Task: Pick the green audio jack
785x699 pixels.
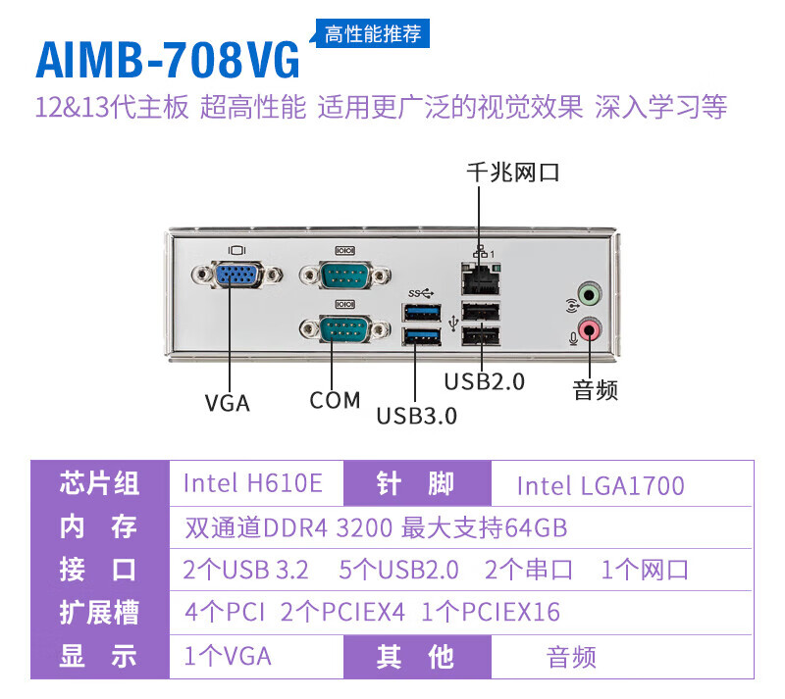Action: (587, 293)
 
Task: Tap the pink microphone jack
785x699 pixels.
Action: (587, 329)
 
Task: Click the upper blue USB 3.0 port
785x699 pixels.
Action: (420, 313)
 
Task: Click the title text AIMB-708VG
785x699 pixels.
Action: (168, 60)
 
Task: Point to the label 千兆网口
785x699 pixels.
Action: (513, 174)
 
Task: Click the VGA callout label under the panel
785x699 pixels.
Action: (228, 403)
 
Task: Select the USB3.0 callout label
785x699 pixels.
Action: (417, 416)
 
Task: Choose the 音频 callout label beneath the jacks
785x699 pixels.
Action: (596, 391)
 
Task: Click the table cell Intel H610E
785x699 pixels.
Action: (253, 484)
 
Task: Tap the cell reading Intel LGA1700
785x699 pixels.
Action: (600, 485)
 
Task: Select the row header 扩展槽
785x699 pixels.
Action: (99, 613)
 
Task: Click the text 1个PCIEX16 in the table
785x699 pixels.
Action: (491, 613)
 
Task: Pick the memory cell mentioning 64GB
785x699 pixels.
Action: (376, 527)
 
